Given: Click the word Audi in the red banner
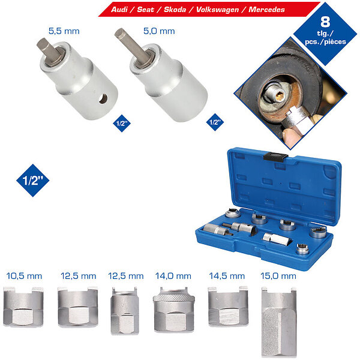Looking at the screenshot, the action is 119,10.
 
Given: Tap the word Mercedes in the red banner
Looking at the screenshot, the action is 266,10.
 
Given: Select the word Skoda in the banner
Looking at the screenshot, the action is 175,10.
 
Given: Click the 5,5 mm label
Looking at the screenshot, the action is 64,31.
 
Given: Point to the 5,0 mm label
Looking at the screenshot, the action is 159,31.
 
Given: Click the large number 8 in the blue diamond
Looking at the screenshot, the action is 325,22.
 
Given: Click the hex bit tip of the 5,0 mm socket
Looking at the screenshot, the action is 119,33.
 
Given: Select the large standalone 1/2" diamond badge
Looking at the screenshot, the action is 33,181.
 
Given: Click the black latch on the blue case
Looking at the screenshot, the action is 275,156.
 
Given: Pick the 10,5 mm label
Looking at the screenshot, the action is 24,276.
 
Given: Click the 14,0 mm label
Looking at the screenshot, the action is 173,276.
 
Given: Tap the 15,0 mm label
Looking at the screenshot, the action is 278,276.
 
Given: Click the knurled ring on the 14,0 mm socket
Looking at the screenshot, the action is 174,298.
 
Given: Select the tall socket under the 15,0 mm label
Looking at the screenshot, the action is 279,322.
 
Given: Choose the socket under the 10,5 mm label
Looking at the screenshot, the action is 23,307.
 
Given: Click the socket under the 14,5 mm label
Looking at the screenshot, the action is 228,306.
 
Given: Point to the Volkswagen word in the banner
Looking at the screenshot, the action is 217,10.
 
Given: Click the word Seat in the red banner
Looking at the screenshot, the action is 145,10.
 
